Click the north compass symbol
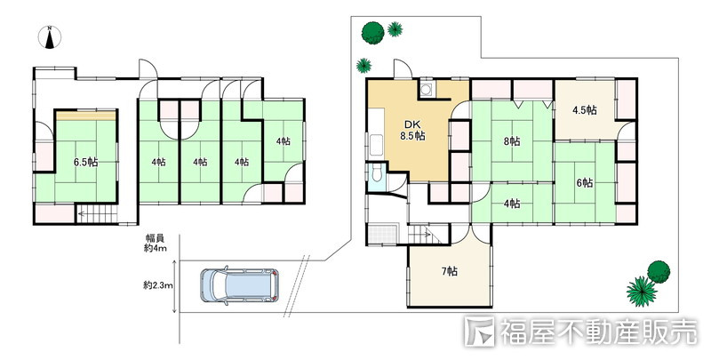click(51, 36)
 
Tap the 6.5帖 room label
click(85, 162)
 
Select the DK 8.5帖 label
click(412, 131)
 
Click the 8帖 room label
click(512, 141)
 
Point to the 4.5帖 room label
click(584, 110)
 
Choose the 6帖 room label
click(584, 182)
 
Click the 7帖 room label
click(450, 271)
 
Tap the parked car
click(239, 285)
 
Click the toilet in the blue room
click(376, 173)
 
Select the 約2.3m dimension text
click(155, 285)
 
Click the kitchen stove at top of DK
click(427, 89)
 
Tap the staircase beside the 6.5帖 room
click(97, 215)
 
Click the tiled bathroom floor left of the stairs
click(382, 235)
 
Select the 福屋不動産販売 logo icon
click(480, 332)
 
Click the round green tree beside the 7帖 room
click(659, 272)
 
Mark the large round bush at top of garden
click(372, 33)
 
